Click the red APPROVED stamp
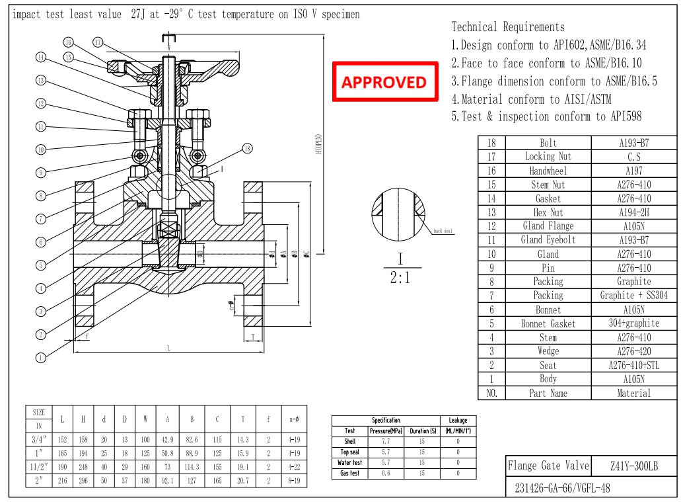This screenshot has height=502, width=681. [385, 81]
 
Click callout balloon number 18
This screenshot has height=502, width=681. [247, 148]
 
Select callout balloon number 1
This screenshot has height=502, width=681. [40, 358]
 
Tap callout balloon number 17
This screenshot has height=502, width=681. [98, 43]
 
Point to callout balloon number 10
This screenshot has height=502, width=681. [40, 149]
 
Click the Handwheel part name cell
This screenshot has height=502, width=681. [548, 171]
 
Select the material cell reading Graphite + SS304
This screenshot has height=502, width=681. [633, 296]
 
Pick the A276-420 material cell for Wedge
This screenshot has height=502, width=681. [633, 351]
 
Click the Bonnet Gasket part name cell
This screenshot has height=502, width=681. [548, 323]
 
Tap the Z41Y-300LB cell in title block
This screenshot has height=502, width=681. [633, 466]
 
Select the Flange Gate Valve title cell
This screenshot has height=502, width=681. [548, 466]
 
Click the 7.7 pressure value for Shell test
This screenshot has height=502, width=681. [386, 441]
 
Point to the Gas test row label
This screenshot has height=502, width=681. [350, 474]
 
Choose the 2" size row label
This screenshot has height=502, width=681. [38, 481]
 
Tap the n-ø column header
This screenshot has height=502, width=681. [295, 419]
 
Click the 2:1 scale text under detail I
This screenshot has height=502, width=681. [400, 278]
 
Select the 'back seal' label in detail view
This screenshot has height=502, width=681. [443, 231]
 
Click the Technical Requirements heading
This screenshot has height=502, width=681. [508, 27]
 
